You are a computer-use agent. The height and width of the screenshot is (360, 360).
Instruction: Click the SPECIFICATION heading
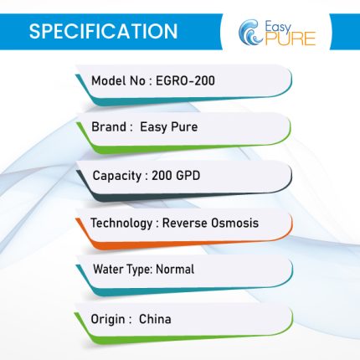(x=103, y=31)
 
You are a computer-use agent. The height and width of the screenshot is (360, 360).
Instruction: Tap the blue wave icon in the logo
(x=250, y=32)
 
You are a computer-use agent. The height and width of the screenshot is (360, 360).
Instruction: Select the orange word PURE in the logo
(x=291, y=39)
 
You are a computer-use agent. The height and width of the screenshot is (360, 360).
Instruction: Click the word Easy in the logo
(x=278, y=28)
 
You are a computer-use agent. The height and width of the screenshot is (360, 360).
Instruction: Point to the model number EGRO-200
(x=185, y=81)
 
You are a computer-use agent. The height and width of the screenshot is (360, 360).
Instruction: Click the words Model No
(x=118, y=81)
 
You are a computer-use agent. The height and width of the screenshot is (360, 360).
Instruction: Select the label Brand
(x=109, y=126)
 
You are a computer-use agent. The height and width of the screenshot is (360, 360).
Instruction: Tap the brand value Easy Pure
(x=168, y=127)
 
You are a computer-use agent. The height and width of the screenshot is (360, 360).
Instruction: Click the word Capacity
(x=117, y=176)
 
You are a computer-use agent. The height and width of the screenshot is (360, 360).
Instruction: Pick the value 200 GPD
(x=176, y=176)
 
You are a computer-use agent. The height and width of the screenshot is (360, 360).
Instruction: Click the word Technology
(x=121, y=224)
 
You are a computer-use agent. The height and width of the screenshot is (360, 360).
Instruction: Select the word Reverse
(x=185, y=223)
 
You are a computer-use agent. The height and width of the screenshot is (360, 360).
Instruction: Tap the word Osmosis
(x=234, y=223)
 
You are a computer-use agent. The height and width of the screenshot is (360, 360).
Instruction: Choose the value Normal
(x=175, y=270)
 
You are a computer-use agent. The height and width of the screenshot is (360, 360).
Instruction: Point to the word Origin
(x=108, y=319)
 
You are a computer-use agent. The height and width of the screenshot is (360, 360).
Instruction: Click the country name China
(x=155, y=319)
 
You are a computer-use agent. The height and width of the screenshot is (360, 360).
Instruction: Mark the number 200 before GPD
(x=162, y=176)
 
